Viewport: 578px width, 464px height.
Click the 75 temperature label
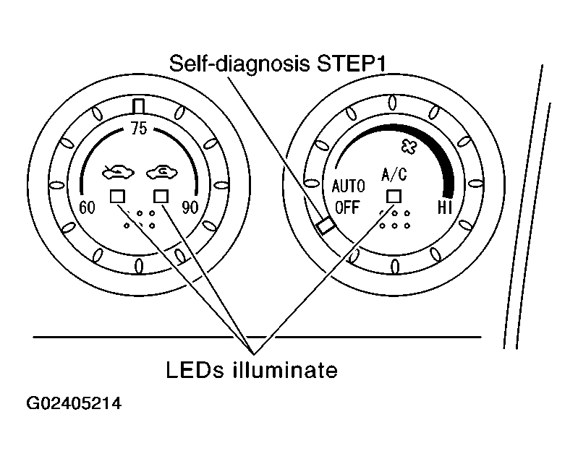click(x=139, y=129)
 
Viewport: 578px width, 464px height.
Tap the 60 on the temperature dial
click(x=87, y=207)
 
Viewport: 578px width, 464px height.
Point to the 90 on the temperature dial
click(x=190, y=207)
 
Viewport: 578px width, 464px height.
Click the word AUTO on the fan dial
click(x=349, y=186)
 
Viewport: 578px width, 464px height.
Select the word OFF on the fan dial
click(x=347, y=207)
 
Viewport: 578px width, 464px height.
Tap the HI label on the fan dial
click(x=445, y=207)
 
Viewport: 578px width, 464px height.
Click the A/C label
click(x=394, y=174)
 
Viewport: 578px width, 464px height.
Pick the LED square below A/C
click(x=394, y=197)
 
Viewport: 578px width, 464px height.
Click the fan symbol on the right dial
click(x=409, y=147)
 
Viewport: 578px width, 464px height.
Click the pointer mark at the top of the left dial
click(x=139, y=106)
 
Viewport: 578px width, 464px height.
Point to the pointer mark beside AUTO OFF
click(x=326, y=225)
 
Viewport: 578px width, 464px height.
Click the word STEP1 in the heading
click(x=351, y=64)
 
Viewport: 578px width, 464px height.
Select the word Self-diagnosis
click(x=239, y=64)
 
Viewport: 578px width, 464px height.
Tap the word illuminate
click(x=284, y=370)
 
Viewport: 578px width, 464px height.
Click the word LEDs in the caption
click(x=195, y=370)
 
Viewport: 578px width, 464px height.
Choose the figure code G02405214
click(x=74, y=403)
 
